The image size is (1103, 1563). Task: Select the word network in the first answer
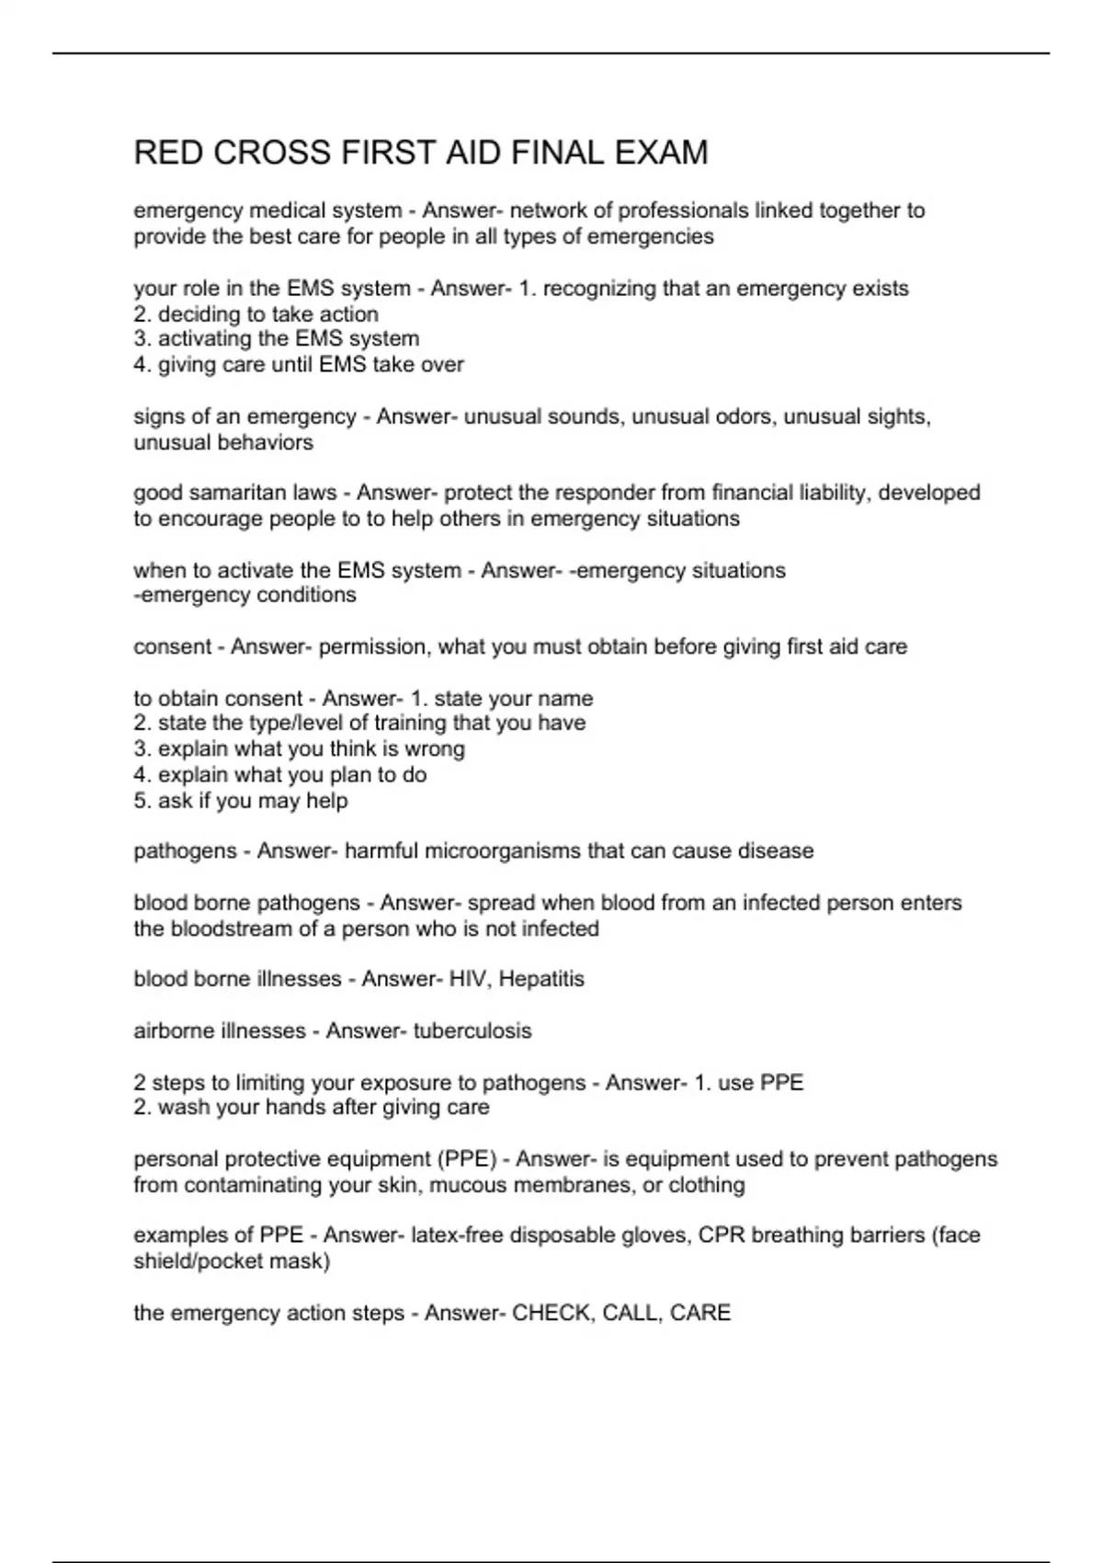click(x=560, y=211)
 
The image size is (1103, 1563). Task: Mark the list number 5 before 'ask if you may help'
click(x=141, y=801)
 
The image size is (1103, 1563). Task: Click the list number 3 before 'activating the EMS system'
click(x=141, y=339)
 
